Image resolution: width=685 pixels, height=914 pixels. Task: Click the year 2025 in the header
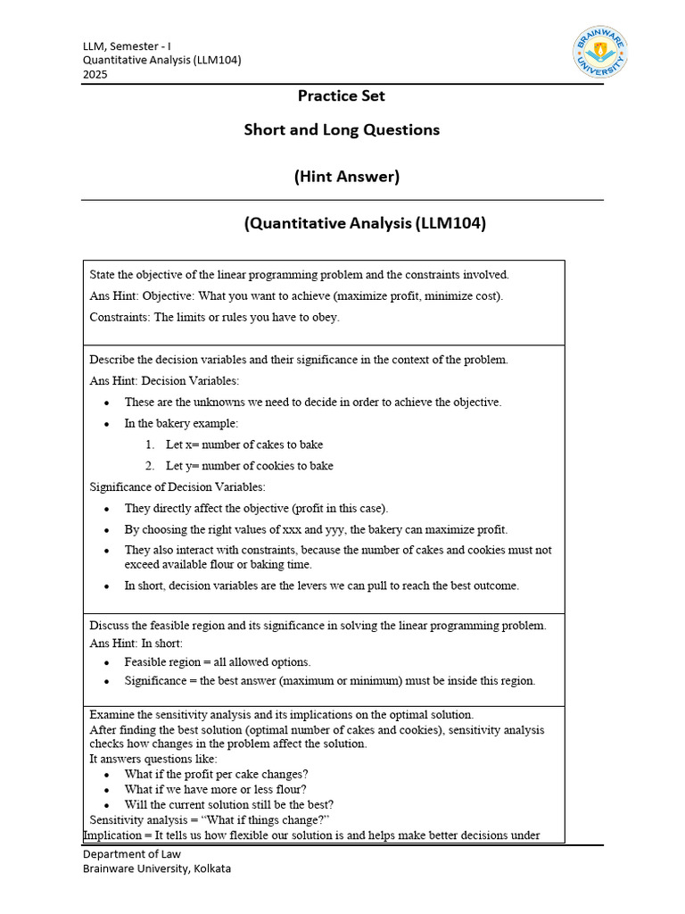click(x=95, y=75)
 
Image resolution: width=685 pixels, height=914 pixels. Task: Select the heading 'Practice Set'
click(x=342, y=96)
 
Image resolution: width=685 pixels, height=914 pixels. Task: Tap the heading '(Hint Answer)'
click(x=347, y=177)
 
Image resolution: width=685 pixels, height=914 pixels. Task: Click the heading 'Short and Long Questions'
click(x=342, y=129)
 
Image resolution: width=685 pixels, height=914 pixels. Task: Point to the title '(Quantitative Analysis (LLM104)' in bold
click(x=365, y=224)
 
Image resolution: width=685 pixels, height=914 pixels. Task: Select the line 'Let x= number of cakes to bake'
click(x=243, y=445)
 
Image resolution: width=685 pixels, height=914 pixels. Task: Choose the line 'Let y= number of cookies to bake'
click(x=249, y=466)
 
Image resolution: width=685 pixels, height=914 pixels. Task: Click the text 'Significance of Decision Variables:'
click(x=177, y=487)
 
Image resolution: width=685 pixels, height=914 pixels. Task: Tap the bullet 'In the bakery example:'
click(x=181, y=424)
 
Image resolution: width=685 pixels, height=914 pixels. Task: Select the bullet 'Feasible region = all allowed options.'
click(x=217, y=662)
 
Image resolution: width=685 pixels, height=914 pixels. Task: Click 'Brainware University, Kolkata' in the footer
click(x=157, y=869)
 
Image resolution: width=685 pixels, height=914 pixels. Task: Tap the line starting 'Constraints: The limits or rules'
click(x=214, y=317)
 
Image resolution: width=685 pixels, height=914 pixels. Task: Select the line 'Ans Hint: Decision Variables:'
click(x=164, y=381)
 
